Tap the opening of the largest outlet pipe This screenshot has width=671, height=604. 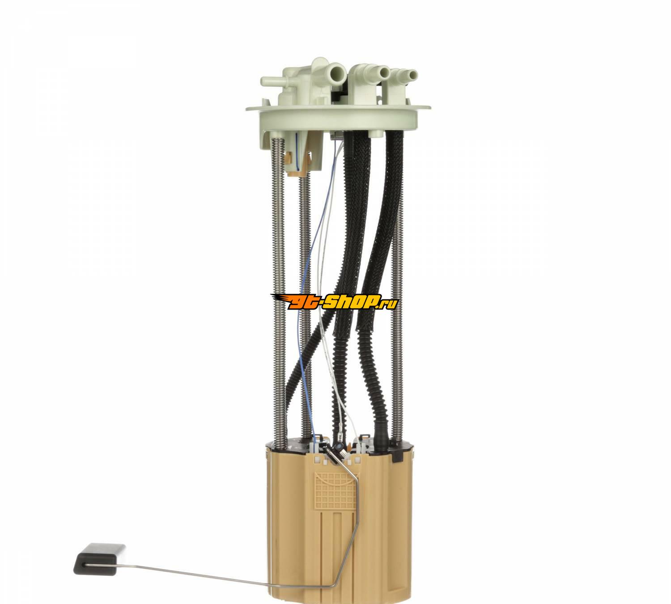[x=339, y=71]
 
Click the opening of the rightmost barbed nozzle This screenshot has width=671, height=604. [x=413, y=75]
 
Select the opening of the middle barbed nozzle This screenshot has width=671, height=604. [x=384, y=72]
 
